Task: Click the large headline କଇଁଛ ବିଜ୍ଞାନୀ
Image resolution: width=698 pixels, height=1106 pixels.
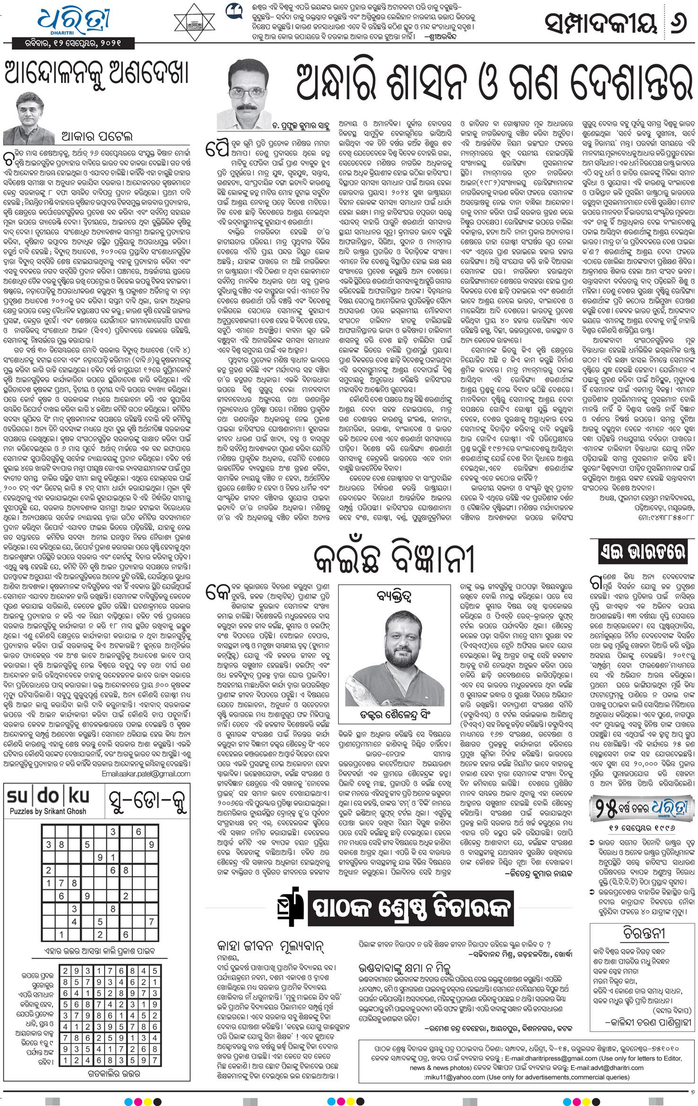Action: coord(393,560)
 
